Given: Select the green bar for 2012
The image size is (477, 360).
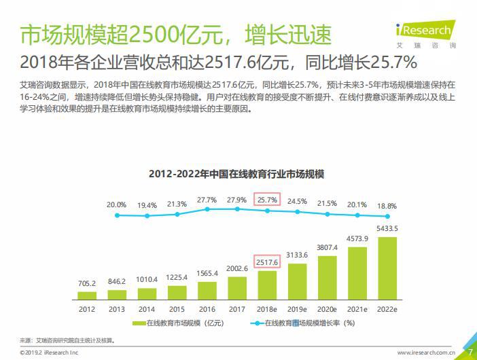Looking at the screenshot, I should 87,296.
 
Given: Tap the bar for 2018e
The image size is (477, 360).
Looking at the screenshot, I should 267,285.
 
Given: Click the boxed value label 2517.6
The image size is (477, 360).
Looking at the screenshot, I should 267,261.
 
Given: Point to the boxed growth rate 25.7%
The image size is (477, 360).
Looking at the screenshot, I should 267,200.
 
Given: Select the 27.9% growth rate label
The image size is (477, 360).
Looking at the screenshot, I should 237,200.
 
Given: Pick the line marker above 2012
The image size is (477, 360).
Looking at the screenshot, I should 117,215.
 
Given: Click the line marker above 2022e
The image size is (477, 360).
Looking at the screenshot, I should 387,217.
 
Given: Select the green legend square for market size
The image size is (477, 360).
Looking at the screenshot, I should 141,324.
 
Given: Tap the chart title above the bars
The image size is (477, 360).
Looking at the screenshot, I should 236,174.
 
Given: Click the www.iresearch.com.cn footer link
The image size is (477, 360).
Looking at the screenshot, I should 425,353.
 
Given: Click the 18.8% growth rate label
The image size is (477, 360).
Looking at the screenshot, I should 387,205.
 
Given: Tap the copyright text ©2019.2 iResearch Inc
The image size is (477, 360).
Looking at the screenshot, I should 50,353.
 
